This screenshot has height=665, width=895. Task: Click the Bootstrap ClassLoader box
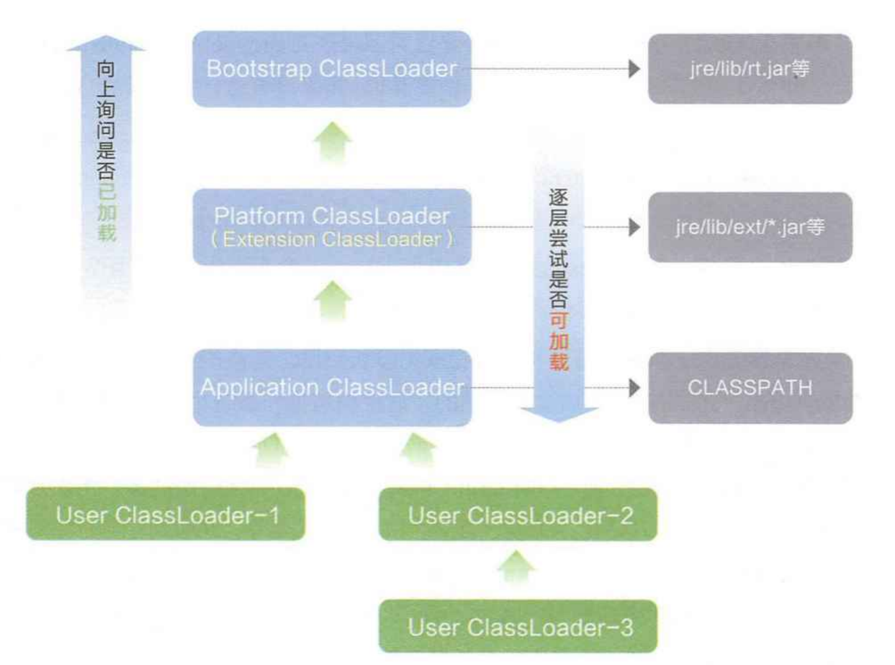pos(331,69)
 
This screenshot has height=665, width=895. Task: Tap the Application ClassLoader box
pos(331,387)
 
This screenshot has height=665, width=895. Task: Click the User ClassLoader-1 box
pos(166,514)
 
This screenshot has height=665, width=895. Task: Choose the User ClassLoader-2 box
pos(518,515)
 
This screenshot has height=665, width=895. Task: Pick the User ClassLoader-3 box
pos(518,627)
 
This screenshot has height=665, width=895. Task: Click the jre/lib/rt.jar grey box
pos(750,69)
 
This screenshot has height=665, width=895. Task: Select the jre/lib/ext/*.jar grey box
pos(750,227)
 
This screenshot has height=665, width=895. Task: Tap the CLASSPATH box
pos(750,388)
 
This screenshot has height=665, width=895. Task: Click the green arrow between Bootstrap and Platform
pos(333,143)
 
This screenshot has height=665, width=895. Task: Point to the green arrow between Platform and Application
pos(333,301)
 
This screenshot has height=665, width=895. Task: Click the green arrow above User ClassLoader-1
pos(271,450)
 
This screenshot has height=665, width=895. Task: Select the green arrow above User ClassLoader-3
pos(516,567)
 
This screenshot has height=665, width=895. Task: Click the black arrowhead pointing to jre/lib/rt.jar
pos(634,69)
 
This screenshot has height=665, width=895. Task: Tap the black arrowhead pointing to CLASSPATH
pos(634,388)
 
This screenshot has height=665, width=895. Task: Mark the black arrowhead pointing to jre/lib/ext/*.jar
pos(634,227)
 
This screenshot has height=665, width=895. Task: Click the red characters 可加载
pos(559,342)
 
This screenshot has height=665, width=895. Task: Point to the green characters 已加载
pos(106,212)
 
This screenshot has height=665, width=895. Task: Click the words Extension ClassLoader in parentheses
pos(331,240)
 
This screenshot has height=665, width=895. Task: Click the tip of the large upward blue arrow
pos(106,38)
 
